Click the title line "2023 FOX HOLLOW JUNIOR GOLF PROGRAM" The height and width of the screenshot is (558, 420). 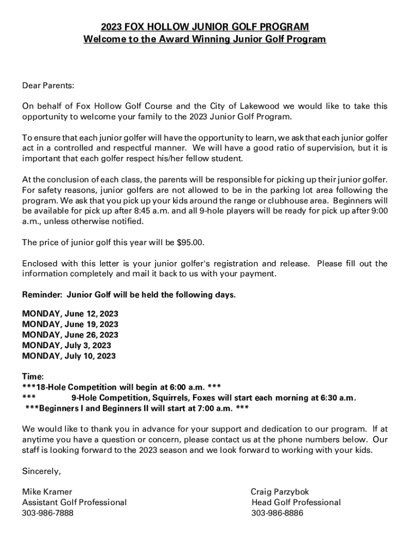205,27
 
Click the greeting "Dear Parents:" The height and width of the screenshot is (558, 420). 47,86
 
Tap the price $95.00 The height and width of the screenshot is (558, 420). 194,242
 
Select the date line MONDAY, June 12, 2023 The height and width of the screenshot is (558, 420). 70,314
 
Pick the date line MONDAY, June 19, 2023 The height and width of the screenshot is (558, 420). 70,325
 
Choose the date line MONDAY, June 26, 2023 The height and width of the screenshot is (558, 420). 70,335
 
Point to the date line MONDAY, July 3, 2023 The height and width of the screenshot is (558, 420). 67,345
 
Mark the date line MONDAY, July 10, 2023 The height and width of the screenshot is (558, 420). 69,356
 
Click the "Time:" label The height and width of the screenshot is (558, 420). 33,377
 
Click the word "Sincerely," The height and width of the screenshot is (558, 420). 41,471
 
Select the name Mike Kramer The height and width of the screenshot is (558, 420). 47,492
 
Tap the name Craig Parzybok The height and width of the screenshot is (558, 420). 280,492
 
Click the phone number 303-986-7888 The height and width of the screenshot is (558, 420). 47,513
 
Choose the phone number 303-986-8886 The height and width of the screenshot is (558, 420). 277,513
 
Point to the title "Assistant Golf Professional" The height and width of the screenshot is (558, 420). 74,502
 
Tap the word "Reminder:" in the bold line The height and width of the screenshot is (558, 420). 42,295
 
